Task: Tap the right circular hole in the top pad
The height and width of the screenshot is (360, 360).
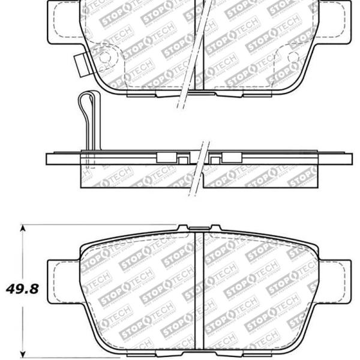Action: tap(293, 58)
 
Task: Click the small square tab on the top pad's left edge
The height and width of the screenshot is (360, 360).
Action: tap(79, 62)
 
